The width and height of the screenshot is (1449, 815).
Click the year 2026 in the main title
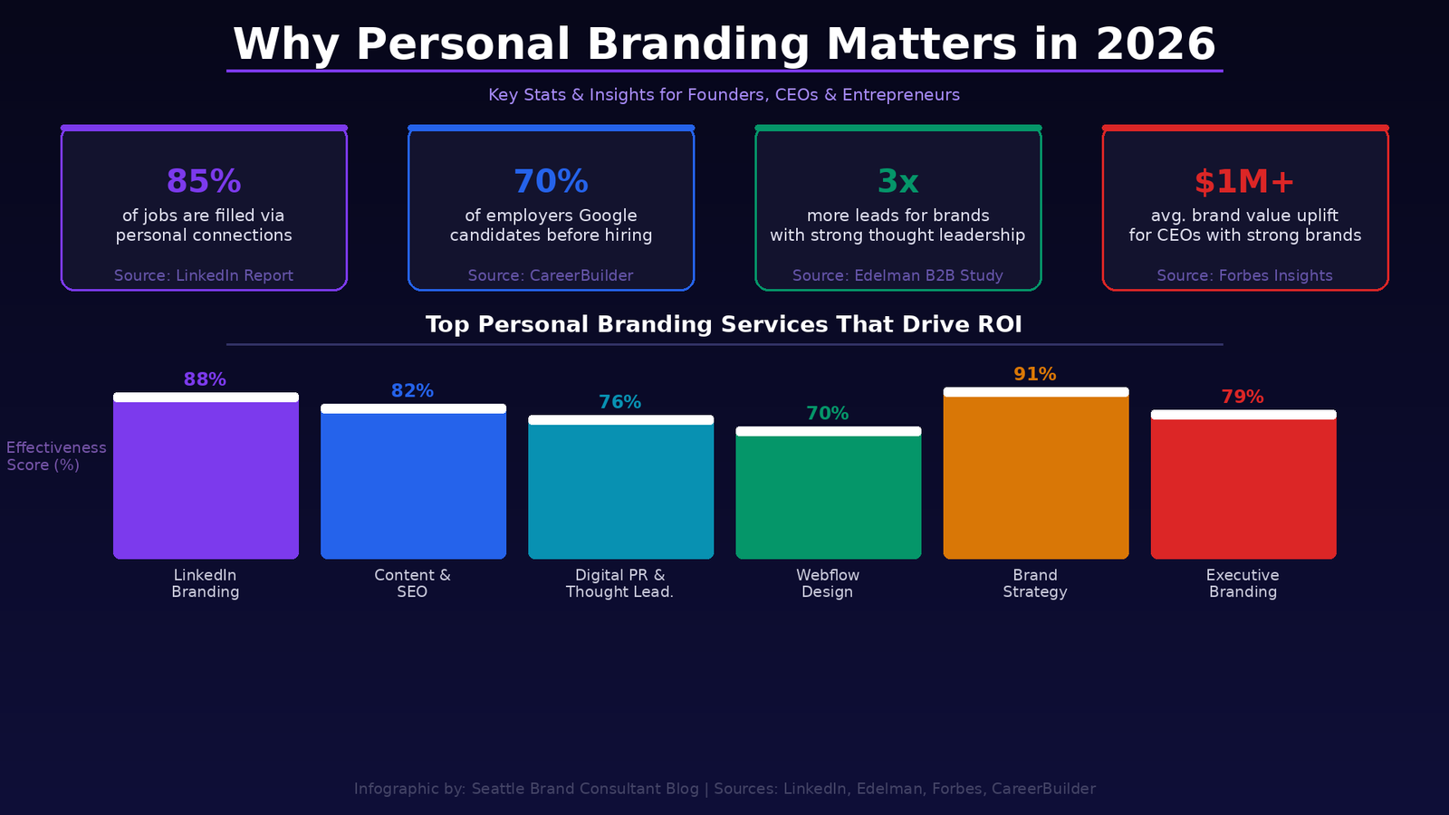pyautogui.click(x=1155, y=44)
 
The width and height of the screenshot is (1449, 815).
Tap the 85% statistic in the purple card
pyautogui.click(x=204, y=181)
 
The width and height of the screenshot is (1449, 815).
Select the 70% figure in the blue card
pyautogui.click(x=551, y=181)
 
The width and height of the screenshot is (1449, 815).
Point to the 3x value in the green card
pyautogui.click(x=897, y=181)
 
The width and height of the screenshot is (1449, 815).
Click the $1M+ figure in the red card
pyautogui.click(x=1244, y=181)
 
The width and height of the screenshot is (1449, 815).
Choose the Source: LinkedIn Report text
pyautogui.click(x=204, y=275)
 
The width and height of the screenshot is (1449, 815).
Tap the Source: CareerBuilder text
pyautogui.click(x=551, y=275)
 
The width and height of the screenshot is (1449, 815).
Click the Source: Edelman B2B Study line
pyautogui.click(x=897, y=275)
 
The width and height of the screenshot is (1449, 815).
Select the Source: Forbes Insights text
pyautogui.click(x=1244, y=275)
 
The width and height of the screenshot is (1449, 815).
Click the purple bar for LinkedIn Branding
pyautogui.click(x=206, y=480)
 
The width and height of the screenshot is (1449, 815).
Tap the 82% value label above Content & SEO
pyautogui.click(x=412, y=390)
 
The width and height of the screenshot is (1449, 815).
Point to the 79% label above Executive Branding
pyautogui.click(x=1243, y=397)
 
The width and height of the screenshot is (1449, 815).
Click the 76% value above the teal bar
pyautogui.click(x=619, y=402)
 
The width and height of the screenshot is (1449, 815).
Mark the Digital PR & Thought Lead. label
pyautogui.click(x=619, y=583)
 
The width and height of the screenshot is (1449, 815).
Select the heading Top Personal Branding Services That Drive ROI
pyautogui.click(x=724, y=324)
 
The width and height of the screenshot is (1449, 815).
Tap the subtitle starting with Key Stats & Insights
pyautogui.click(x=724, y=95)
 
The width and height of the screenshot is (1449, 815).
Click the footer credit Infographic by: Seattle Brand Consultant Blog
pyautogui.click(x=526, y=789)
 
